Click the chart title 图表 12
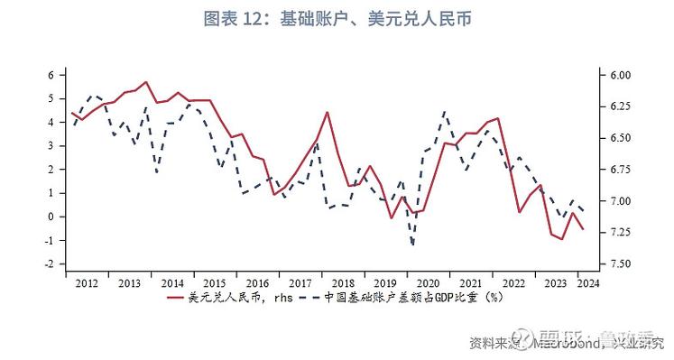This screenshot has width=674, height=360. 336,17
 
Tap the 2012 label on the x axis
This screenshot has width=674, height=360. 88,282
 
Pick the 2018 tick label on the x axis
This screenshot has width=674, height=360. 343,282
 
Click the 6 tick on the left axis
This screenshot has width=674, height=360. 51,75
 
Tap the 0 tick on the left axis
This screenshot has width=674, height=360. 51,217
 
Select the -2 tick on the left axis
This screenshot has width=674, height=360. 50,263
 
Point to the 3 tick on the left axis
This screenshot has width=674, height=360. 51,145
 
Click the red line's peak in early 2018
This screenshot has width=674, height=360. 327,113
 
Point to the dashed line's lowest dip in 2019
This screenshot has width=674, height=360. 412,244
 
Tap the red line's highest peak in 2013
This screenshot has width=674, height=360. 146,82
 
